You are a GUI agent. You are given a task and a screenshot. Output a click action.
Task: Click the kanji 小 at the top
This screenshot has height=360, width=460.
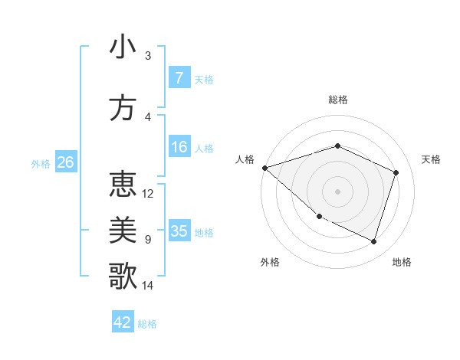pos(123,47)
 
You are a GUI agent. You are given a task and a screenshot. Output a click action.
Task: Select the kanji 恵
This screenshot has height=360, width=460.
pos(123,185)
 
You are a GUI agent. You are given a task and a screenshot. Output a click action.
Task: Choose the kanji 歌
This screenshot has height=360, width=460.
pos(123,277)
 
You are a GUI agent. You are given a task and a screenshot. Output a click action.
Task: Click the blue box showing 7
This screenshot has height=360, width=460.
pos(179,78)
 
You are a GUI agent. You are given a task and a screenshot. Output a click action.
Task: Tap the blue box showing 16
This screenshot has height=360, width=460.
pos(179,147)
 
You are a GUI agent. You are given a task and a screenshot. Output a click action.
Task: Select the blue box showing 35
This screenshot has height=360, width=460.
pos(179,231)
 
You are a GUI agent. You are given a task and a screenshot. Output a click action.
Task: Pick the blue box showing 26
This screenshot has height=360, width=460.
pos(65,162)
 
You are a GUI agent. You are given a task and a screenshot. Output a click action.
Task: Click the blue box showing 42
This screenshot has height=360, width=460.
pos(123,322)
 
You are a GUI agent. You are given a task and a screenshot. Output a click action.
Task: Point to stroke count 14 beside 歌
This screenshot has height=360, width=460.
pos(148,286)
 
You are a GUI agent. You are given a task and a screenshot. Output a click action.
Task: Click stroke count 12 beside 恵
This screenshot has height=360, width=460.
pos(148,194)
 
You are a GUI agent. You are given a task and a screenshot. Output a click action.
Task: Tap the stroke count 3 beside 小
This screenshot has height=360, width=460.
pos(148,56)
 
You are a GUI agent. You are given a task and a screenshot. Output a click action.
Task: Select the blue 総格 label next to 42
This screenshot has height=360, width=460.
pos(148,324)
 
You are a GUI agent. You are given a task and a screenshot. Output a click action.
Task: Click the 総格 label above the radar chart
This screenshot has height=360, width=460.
pos(338,100)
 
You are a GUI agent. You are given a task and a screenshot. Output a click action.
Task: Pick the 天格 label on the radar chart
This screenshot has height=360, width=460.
pos(431,159)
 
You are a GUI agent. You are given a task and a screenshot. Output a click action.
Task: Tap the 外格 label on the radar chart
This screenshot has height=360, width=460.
pos(270,262)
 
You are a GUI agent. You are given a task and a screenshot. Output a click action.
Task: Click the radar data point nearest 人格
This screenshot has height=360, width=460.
pos(264,168)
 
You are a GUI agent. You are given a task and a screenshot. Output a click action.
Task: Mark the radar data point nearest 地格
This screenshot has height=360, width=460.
pos(374,242)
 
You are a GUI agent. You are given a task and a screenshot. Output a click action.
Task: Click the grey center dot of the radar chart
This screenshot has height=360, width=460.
pos(338,191)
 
